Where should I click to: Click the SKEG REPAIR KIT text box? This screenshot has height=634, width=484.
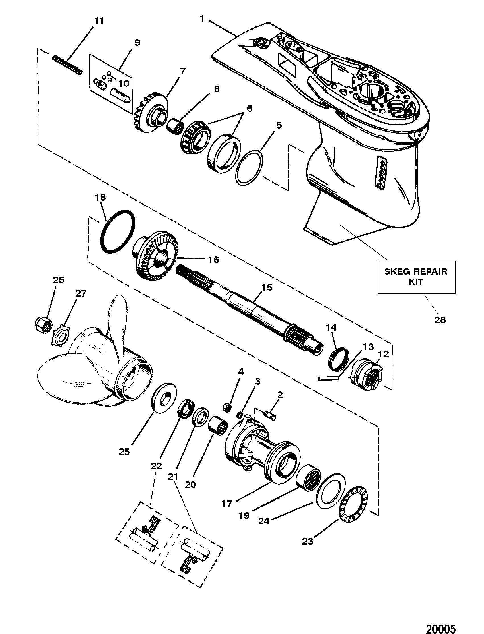coord(416,277)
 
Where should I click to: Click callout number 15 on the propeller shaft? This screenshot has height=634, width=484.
coord(267,287)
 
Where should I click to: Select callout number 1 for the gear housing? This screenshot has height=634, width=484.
coord(202,19)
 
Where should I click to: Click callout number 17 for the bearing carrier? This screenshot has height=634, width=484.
coord(227,503)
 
